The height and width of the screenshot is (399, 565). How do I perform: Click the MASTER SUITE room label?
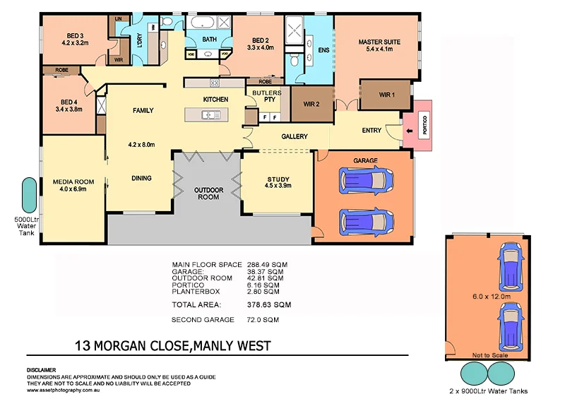(x=379, y=42)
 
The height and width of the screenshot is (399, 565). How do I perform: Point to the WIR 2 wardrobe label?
(x=312, y=104)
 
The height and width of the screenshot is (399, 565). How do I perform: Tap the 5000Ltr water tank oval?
(x=30, y=195)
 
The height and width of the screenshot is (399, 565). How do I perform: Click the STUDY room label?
(x=278, y=179)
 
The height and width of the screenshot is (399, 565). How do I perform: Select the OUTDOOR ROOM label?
(x=209, y=193)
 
